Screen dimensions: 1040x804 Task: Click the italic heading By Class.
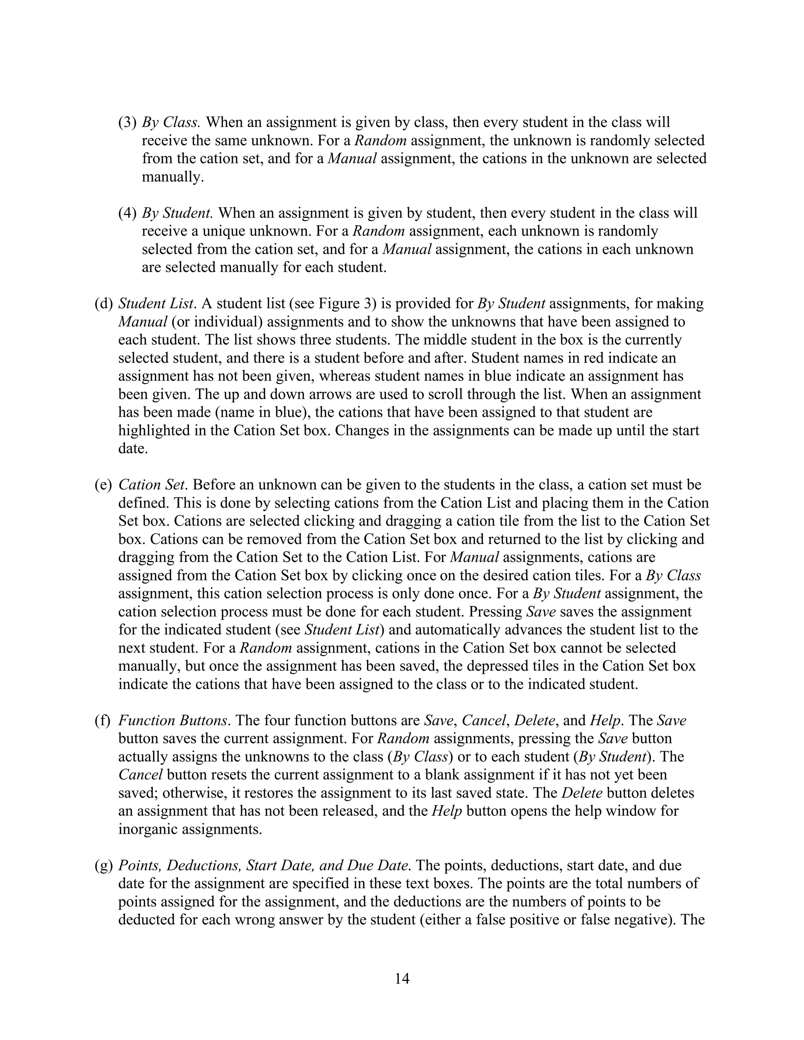[170, 122]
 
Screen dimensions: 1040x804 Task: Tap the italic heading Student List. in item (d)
[157, 303]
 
